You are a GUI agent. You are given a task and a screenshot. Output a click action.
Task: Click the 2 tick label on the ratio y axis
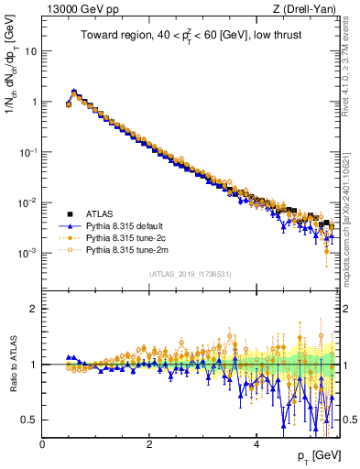pos(34,309)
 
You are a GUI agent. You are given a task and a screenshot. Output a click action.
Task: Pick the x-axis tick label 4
pos(256,444)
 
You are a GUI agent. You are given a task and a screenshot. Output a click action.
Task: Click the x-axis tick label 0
pos(42,444)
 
